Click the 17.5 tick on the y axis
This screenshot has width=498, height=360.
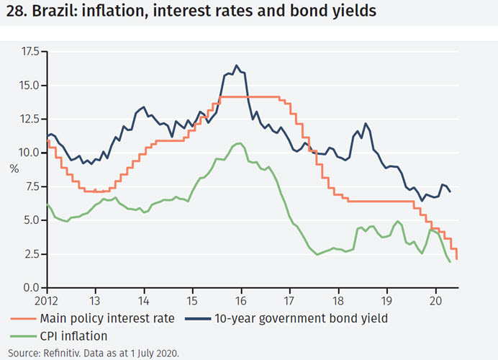point(30,52)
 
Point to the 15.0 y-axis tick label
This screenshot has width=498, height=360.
point(30,86)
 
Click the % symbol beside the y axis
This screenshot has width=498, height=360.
point(14,169)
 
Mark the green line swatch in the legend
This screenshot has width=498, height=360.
point(25,335)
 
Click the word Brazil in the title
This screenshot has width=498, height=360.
point(54,14)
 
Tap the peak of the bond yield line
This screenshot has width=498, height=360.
point(237,65)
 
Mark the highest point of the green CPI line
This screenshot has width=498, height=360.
point(238,143)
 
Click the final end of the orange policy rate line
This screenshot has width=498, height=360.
point(457,259)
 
